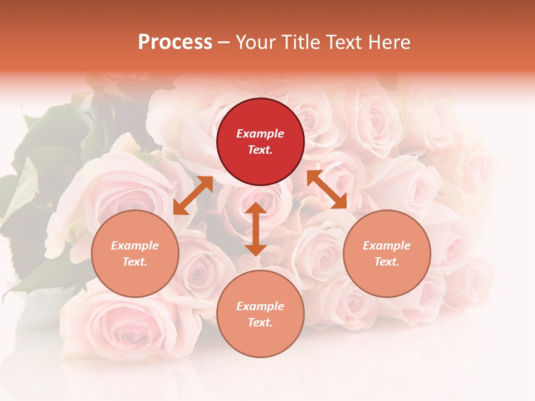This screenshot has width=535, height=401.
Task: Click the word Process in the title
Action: [x=175, y=42]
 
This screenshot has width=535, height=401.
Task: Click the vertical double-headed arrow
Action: [x=255, y=229]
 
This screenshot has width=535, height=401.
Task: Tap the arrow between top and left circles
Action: [x=193, y=195]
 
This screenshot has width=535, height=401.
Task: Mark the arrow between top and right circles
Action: [x=327, y=189]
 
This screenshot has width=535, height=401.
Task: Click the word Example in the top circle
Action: [x=260, y=134]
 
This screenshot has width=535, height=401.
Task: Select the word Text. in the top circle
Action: [x=260, y=150]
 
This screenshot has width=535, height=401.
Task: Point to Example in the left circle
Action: [x=135, y=246]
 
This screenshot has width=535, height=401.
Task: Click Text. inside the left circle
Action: [x=135, y=262]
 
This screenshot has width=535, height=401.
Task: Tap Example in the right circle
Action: [x=387, y=246]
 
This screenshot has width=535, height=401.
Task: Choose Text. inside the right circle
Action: [x=387, y=262]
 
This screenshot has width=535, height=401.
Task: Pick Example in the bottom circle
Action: [x=260, y=306]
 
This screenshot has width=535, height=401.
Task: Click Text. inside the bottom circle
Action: [x=260, y=322]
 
